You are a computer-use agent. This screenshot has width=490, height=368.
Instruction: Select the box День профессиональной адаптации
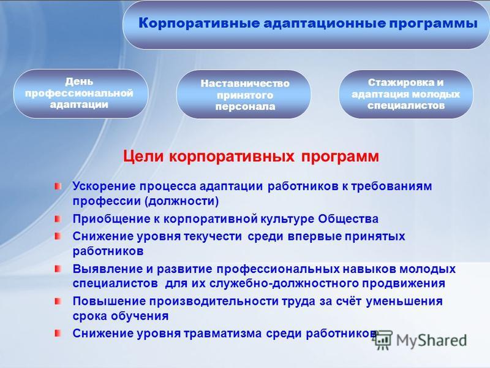click(81, 94)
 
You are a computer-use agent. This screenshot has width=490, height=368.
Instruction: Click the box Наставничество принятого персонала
click(244, 94)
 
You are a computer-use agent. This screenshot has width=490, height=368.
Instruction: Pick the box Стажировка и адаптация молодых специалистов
click(406, 94)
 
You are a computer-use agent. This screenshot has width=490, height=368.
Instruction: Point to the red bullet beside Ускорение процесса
click(58, 186)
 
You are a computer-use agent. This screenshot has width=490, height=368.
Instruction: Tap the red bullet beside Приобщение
click(58, 219)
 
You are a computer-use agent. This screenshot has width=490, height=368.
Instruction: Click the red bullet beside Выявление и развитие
click(58, 269)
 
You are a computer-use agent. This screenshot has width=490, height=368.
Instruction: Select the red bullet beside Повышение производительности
click(58, 301)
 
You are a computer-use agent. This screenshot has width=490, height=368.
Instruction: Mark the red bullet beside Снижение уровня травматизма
click(58, 333)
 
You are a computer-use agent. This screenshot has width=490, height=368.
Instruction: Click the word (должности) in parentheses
click(181, 201)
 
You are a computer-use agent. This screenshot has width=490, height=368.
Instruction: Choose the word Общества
click(348, 219)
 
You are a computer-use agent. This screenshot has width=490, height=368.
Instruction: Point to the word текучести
click(213, 237)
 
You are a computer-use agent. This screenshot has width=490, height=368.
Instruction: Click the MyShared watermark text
click(432, 340)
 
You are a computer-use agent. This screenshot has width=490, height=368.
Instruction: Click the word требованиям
click(391, 186)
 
